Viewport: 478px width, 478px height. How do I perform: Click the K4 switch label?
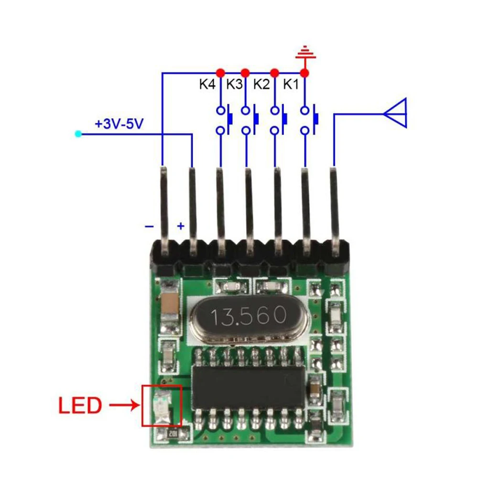click(x=207, y=85)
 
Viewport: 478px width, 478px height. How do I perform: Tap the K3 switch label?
click(x=234, y=85)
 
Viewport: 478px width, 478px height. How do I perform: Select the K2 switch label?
click(x=261, y=85)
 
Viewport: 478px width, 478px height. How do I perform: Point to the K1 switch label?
click(x=291, y=85)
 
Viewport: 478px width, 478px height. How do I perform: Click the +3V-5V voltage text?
click(x=119, y=124)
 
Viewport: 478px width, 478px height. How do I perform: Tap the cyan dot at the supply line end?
click(x=78, y=134)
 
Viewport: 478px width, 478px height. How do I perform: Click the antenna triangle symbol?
click(x=396, y=113)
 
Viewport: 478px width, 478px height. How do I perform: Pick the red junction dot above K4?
click(x=220, y=73)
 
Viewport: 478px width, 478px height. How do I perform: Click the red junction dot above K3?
click(x=245, y=73)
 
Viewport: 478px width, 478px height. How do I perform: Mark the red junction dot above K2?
click(x=274, y=73)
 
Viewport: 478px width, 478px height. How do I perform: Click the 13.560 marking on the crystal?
click(x=249, y=315)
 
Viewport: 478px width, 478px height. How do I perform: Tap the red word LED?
click(x=80, y=406)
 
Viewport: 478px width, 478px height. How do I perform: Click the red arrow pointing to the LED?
click(x=124, y=406)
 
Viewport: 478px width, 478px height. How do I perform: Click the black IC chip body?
click(x=247, y=387)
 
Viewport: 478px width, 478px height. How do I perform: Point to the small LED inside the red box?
click(x=162, y=406)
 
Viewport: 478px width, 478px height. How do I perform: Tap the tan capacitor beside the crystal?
click(x=171, y=303)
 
